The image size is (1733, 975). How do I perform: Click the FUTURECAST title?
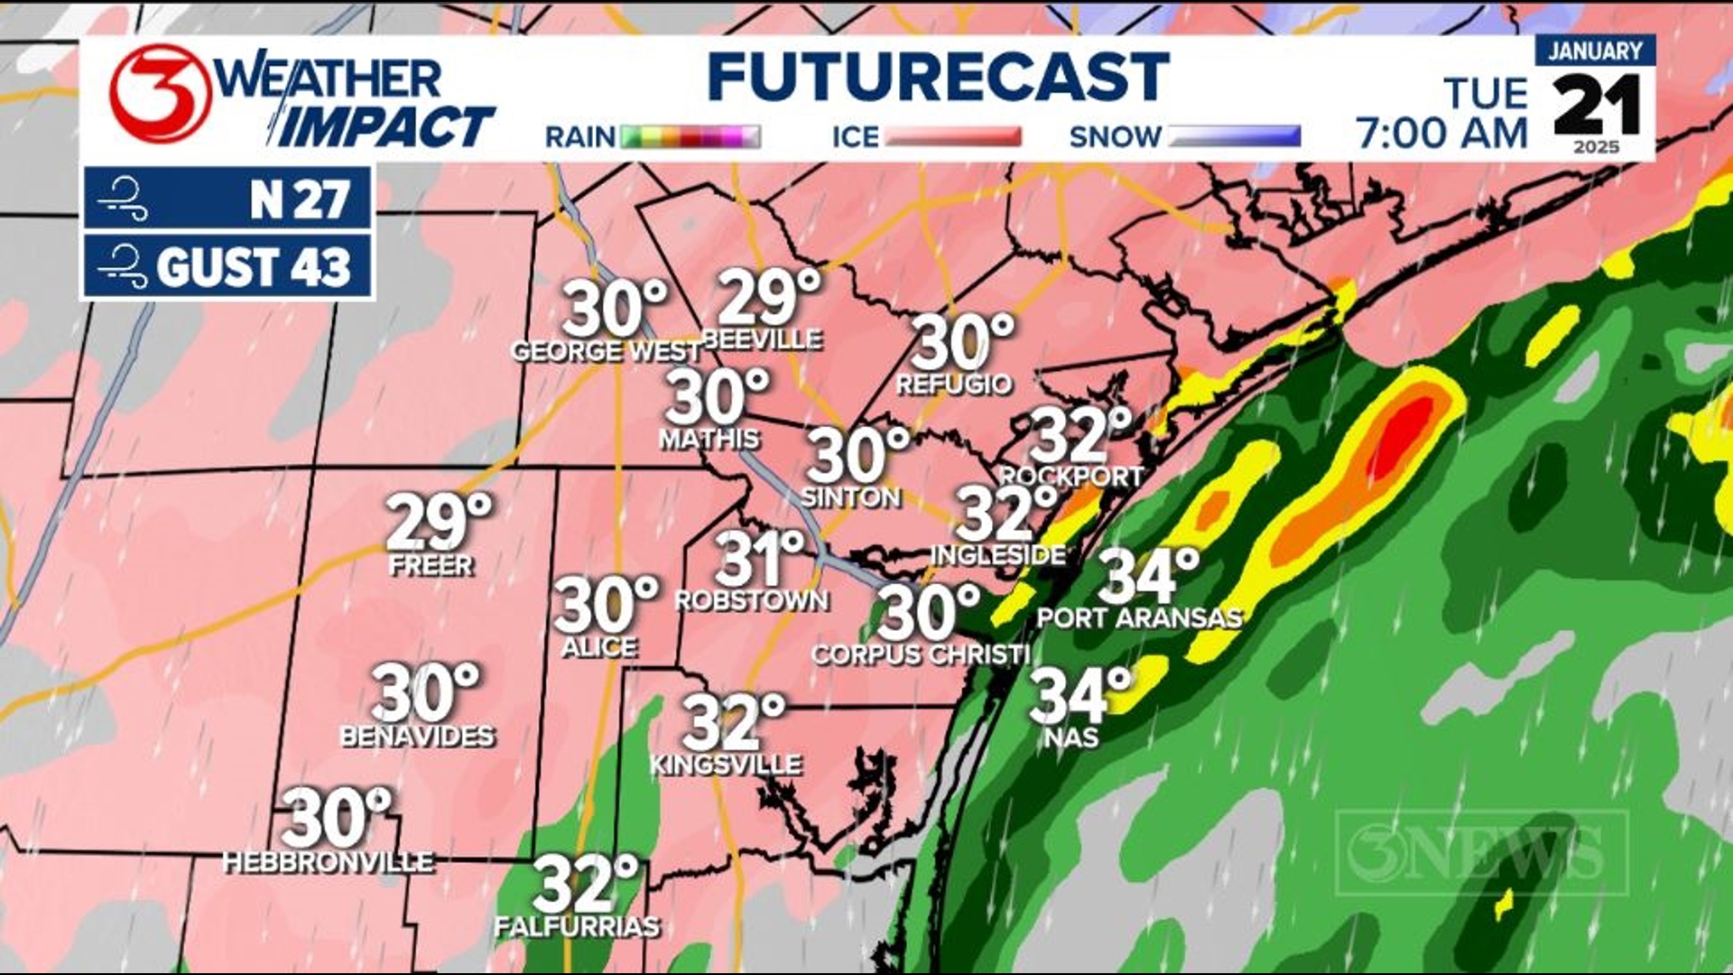click(x=939, y=78)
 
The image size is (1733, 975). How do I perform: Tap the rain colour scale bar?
click(x=690, y=137)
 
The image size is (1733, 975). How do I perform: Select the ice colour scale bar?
click(x=953, y=137)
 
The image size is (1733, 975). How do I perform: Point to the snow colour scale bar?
click(x=1235, y=137)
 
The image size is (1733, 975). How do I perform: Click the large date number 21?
click(x=1597, y=107)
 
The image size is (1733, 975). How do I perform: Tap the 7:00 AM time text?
click(x=1441, y=134)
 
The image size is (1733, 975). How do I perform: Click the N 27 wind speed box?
click(x=227, y=198)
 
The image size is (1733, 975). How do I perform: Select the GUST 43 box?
click(x=227, y=266)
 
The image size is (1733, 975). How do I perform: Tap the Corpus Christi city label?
click(x=920, y=655)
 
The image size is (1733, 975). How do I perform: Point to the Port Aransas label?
click(x=1139, y=618)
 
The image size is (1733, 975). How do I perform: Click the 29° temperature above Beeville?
click(x=769, y=298)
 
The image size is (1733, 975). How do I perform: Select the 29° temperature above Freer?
click(x=440, y=523)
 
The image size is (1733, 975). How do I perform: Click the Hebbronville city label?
click(x=329, y=862)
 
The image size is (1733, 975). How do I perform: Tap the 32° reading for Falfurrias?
click(x=585, y=885)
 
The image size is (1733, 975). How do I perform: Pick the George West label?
click(x=606, y=351)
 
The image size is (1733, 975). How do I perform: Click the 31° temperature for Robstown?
click(x=758, y=558)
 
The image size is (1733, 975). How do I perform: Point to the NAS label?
click(x=1071, y=738)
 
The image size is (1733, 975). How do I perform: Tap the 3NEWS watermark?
click(x=1481, y=853)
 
